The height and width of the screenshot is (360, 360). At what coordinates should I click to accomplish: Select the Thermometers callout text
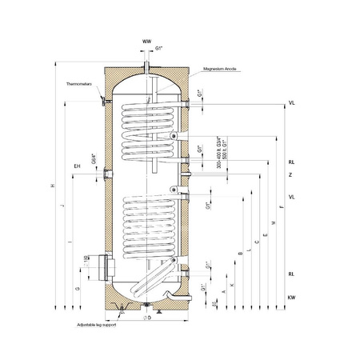coord(82,82)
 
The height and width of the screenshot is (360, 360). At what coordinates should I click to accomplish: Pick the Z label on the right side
coord(291,174)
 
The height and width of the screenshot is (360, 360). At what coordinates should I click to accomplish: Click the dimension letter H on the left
coord(52,186)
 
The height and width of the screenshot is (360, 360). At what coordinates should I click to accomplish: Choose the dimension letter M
coord(273,222)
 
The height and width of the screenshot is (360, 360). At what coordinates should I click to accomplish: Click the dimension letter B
coord(239,254)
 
